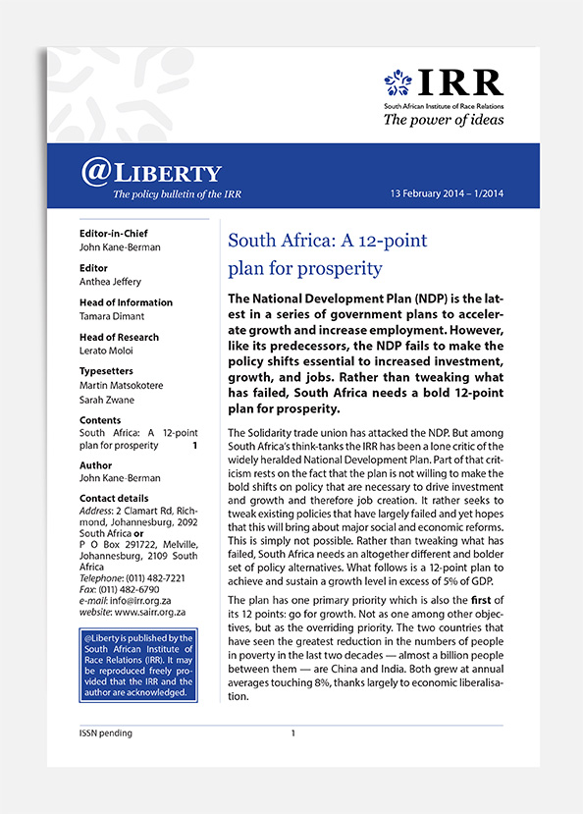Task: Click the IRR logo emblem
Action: pos(397,82)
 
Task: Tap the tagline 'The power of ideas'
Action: pos(443,120)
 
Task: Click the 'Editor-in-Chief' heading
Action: pos(118,234)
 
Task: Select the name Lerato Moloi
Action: pos(107,350)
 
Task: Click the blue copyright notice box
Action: pos(138,665)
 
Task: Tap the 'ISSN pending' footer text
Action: pos(106,733)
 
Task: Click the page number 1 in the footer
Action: pos(292,733)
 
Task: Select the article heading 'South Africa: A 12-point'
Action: pos(327,241)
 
